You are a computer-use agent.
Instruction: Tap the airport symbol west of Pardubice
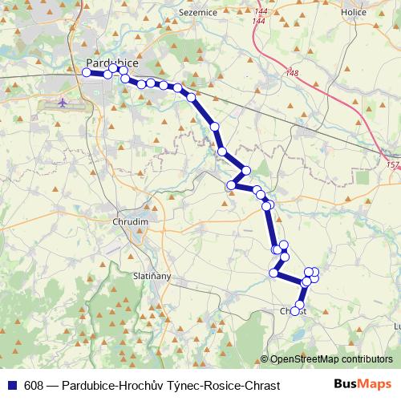[64, 103]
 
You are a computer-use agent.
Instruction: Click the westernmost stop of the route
[87, 72]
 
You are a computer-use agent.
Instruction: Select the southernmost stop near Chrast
[296, 310]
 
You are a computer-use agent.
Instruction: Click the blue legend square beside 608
[11, 385]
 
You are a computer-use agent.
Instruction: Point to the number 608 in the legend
[34, 385]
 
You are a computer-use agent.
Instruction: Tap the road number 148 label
[291, 74]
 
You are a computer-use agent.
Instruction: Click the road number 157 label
[391, 165]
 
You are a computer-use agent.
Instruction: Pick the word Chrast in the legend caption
[263, 385]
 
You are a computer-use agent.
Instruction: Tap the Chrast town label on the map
[294, 310]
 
